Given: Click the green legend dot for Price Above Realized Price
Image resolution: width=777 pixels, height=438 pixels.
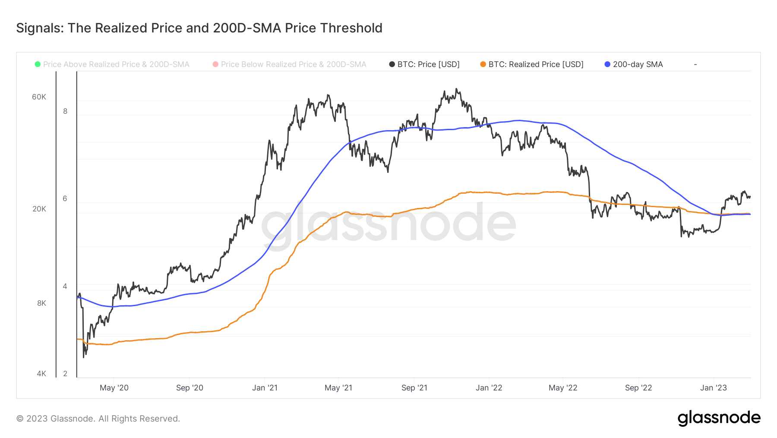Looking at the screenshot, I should pos(38,64).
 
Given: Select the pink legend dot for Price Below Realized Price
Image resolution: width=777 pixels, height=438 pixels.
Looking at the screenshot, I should pos(215,64).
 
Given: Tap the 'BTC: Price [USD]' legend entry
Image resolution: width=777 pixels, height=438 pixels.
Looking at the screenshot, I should pos(428,64).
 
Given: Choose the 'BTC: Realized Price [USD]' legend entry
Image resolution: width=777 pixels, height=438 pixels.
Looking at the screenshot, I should pos(536,64).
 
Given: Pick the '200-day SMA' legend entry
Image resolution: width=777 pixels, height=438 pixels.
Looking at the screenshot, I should pos(638,64).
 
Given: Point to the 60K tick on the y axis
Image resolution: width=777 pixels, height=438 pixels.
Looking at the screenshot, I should pos(39,97).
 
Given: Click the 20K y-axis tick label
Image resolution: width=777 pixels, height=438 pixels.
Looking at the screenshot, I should pos(39,209).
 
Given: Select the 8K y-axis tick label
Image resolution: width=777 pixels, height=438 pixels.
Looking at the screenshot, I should pos(41,303).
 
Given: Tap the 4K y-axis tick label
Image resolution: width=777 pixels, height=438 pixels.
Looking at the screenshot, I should pos(41,374).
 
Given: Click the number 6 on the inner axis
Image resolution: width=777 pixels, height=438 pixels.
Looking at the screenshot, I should pos(65,198).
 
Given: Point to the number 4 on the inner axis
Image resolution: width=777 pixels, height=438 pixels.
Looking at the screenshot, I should pos(65,286).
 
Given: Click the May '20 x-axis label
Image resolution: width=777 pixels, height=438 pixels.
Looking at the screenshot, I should pos(114,388).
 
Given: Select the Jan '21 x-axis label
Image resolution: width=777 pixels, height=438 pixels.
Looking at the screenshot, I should pos(265,388).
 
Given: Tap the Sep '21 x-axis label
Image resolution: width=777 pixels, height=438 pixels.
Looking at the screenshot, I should pos(414,388).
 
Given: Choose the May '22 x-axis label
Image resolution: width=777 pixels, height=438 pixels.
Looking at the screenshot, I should pos(563,388).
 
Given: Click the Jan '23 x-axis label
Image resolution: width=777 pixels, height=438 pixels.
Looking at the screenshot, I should pos(713,388).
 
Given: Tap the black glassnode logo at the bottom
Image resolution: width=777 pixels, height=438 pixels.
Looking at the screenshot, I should pos(719,418).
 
